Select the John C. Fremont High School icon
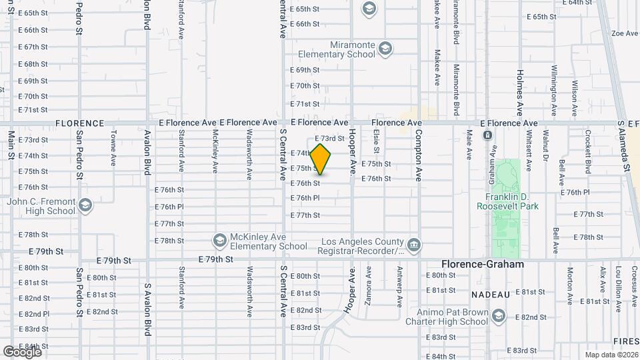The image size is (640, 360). [x=85, y=205]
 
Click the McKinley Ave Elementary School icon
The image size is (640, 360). [x=219, y=239]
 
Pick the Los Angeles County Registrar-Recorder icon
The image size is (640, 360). [x=414, y=244]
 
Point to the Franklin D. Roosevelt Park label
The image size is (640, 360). [x=507, y=202]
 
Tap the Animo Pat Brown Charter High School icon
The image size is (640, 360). [x=498, y=315]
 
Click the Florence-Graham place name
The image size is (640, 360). [x=483, y=265]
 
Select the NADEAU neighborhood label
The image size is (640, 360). [x=491, y=294]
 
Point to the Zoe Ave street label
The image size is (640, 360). [x=625, y=33]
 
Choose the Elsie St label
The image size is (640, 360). [x=377, y=141]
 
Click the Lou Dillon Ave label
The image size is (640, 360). [x=619, y=288]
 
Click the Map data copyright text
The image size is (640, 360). [x=611, y=354]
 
